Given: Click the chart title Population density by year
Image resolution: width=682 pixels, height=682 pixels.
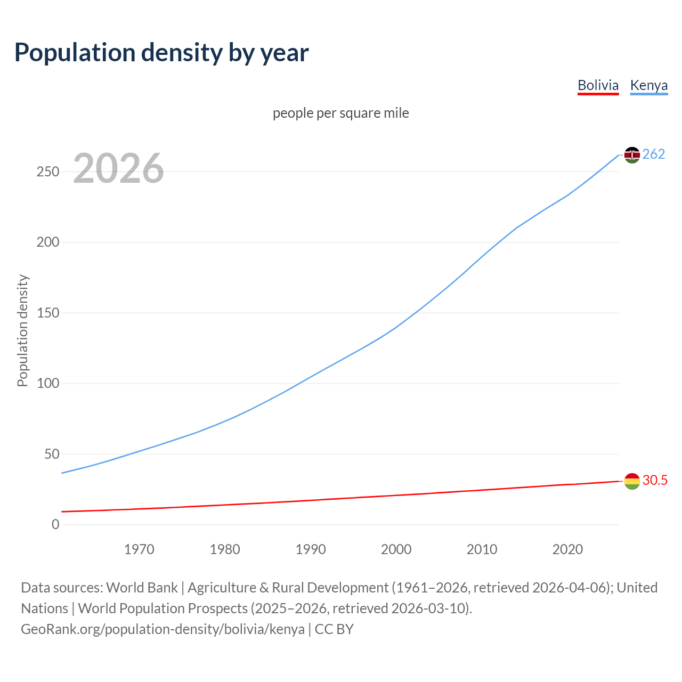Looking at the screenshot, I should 161,53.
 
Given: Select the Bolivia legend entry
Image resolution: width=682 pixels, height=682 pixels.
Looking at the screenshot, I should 598,85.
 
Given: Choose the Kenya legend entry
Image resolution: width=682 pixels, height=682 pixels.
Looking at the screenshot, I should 648,85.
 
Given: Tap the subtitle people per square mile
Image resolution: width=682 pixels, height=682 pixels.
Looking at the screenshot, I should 340,113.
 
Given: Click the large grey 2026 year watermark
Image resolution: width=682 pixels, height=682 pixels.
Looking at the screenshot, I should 118,168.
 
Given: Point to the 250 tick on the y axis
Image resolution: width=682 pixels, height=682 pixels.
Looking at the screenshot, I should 48,172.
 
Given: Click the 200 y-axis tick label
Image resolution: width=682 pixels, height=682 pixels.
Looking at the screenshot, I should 48,242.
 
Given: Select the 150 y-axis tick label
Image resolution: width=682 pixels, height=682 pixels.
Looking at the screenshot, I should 48,313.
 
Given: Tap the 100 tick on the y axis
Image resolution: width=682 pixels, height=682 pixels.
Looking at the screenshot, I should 48,384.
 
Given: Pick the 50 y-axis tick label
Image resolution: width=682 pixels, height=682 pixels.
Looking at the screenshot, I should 52,454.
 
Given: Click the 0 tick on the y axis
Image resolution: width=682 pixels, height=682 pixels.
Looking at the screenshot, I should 55,525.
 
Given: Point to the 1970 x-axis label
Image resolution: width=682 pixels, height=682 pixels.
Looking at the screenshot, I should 139,549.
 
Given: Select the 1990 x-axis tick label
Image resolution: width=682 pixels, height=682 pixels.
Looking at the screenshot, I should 311,549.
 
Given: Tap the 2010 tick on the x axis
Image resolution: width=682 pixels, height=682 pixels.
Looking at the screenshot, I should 482,549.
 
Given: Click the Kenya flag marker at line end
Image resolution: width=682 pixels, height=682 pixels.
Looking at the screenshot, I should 632,155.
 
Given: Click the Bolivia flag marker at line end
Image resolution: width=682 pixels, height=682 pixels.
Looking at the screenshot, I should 632,481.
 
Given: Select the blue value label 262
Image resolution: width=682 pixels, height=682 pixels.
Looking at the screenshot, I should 654,154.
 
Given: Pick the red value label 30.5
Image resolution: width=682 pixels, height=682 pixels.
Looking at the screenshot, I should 655,480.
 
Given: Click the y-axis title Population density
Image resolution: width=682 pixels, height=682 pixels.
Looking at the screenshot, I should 22,330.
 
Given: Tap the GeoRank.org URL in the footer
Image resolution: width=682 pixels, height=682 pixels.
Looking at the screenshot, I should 163,629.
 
